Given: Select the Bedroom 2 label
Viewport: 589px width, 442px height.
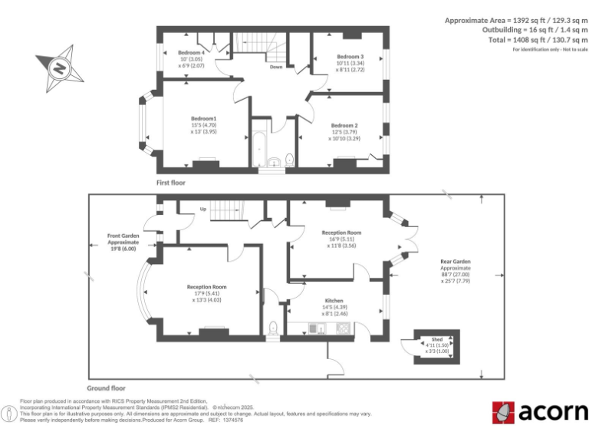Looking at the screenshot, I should pos(344,125).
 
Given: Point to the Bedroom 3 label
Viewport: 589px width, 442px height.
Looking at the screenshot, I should pos(350,57).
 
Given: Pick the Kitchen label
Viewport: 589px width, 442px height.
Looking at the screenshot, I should pos(334,301).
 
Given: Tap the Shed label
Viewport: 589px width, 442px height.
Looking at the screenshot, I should pos(436,338).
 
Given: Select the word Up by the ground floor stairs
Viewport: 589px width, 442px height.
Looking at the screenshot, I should pos(203,209).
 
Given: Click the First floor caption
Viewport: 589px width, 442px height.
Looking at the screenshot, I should pos(170,183).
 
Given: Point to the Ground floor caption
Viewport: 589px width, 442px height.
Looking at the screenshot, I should pos(107,388).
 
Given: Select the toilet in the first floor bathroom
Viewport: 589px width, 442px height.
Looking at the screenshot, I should pos(288,159).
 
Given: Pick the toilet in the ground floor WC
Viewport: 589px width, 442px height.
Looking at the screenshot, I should pos(274,328).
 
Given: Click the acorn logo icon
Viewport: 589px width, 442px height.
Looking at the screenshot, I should pos(503,412).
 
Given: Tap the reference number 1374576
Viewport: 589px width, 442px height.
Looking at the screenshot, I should pos(232,420).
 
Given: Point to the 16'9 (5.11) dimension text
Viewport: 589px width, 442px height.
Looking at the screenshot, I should pos(334,239).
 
